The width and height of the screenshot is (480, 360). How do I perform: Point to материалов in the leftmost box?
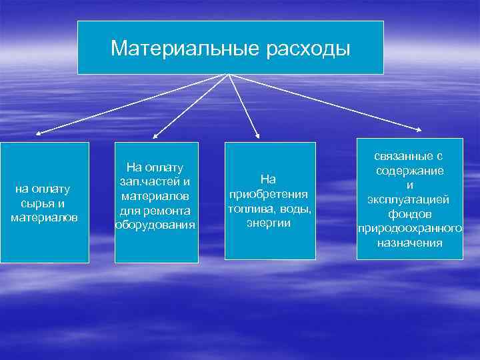point(45,217)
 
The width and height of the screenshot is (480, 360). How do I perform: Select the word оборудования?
point(155,225)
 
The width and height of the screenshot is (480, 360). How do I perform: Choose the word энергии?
point(268,223)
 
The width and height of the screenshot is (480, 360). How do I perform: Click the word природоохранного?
point(409,229)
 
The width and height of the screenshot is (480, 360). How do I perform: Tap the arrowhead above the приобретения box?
point(259,136)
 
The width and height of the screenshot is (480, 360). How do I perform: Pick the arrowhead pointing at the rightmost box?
point(419,131)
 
